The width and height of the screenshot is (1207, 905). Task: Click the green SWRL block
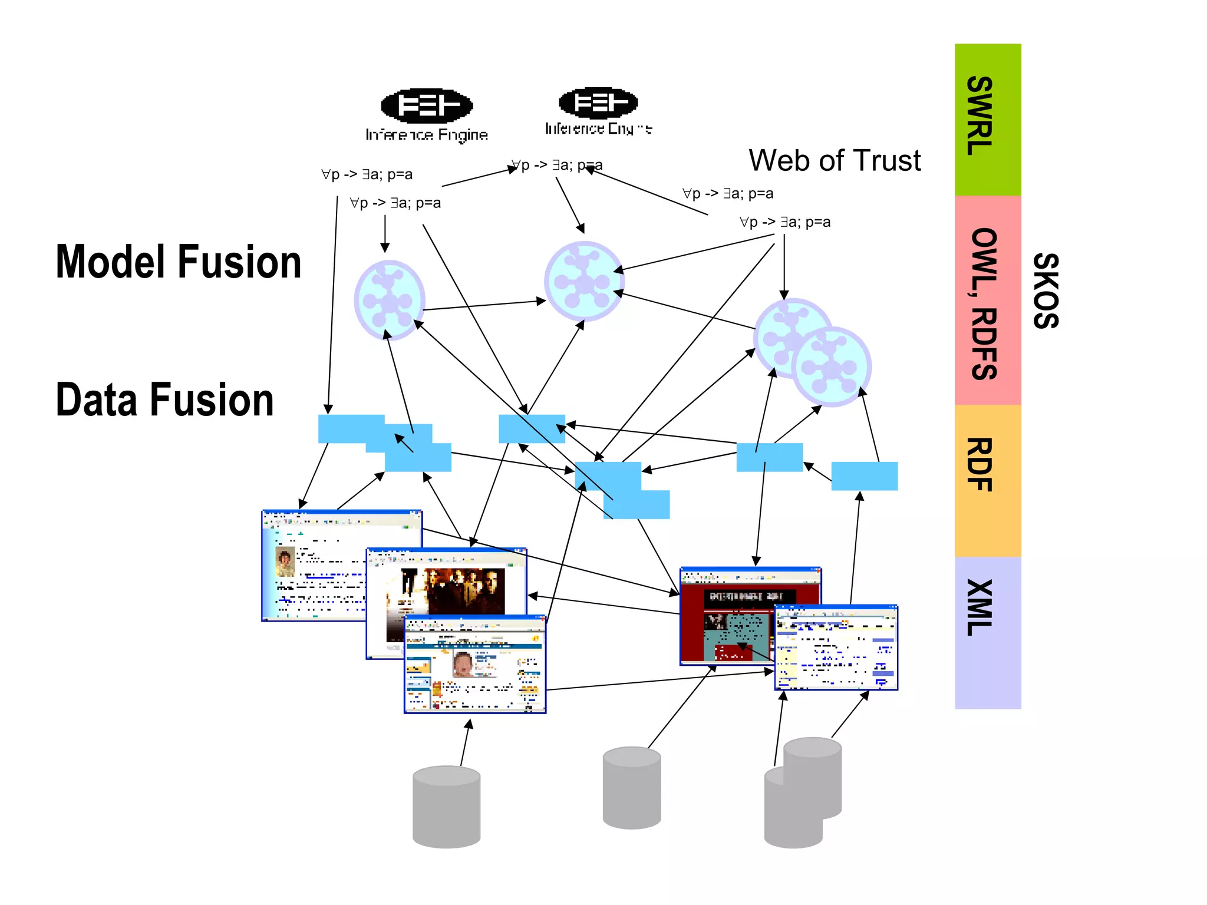(x=987, y=119)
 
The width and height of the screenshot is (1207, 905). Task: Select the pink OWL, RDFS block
(x=987, y=300)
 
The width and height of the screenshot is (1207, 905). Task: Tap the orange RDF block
(x=987, y=480)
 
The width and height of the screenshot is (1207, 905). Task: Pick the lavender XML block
(x=987, y=632)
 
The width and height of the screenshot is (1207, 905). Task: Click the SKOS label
(x=1047, y=290)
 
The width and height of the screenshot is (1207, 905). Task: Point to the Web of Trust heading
(x=834, y=160)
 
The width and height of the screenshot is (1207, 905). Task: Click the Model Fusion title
(x=178, y=262)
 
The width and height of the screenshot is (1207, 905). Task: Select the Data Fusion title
(x=164, y=399)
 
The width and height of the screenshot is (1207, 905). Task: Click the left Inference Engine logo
(x=427, y=107)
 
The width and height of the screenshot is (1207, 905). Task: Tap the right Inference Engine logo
(x=598, y=103)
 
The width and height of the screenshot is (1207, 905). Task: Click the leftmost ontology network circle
(x=389, y=300)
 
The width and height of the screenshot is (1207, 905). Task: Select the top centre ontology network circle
(x=583, y=281)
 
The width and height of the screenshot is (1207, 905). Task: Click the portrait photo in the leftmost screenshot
(x=285, y=561)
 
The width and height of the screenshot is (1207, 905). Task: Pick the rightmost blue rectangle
(x=864, y=476)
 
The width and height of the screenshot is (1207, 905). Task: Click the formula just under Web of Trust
(x=727, y=193)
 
